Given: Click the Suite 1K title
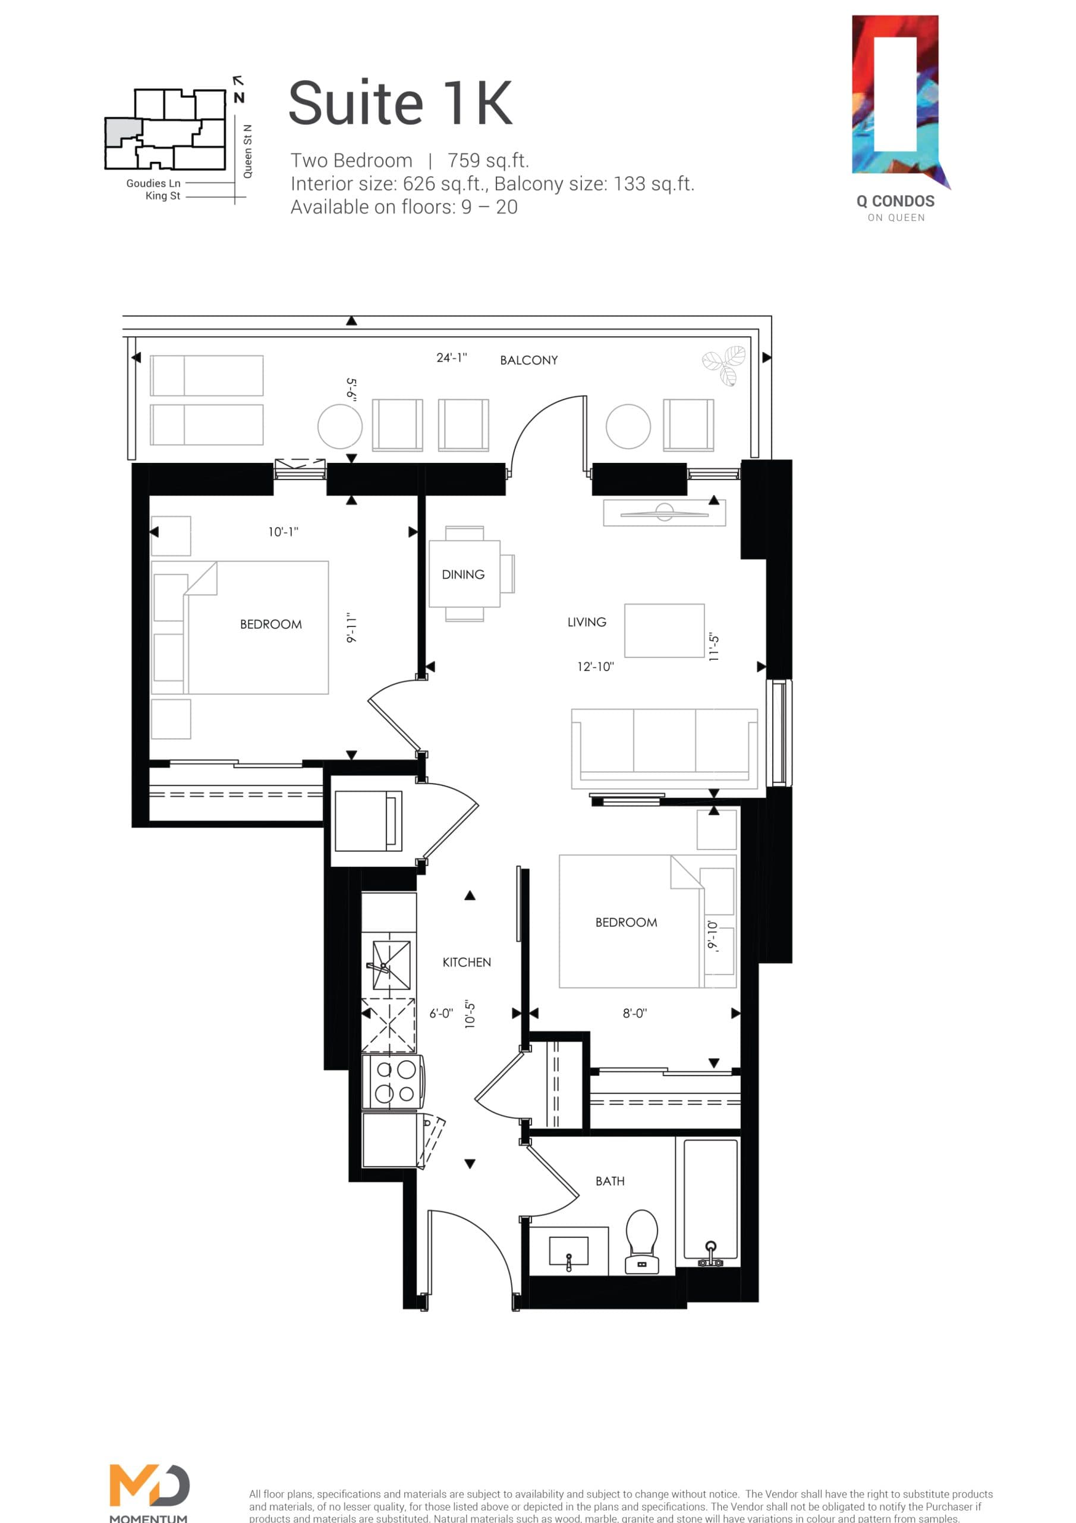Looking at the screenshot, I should [401, 104].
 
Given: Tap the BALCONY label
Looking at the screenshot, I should [528, 360].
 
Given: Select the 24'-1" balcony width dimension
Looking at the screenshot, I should [451, 358].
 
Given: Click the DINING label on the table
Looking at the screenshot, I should [463, 575].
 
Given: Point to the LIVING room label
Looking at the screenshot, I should [587, 622].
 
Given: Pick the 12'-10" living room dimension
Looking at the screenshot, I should [595, 667].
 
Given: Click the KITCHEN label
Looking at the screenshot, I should [467, 963].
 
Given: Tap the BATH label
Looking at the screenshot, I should [610, 1182].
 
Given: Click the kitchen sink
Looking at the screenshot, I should [391, 965].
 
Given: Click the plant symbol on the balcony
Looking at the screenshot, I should [725, 364].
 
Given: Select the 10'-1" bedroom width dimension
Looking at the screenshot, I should [283, 532].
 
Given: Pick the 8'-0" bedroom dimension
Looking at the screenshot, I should [634, 1014].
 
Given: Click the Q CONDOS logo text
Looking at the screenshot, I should [895, 202].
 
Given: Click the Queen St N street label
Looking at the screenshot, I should [247, 151].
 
